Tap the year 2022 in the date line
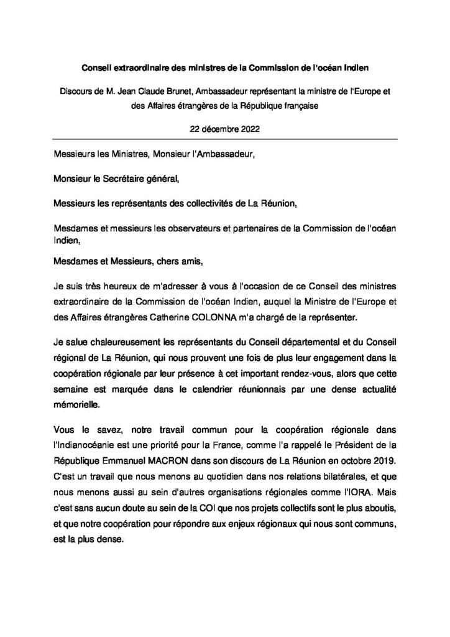click(x=247, y=129)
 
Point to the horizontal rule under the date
click(x=225, y=140)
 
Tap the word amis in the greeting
click(x=191, y=263)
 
